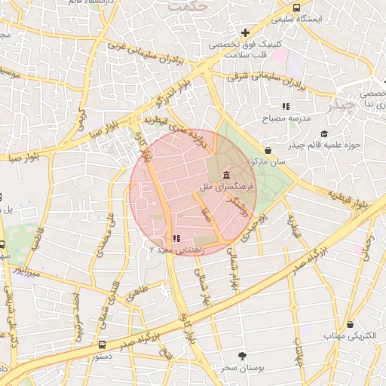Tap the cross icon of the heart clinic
245,32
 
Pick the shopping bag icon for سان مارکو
268,150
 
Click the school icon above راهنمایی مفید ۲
176,238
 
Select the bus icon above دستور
103,344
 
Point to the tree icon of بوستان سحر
241,355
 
